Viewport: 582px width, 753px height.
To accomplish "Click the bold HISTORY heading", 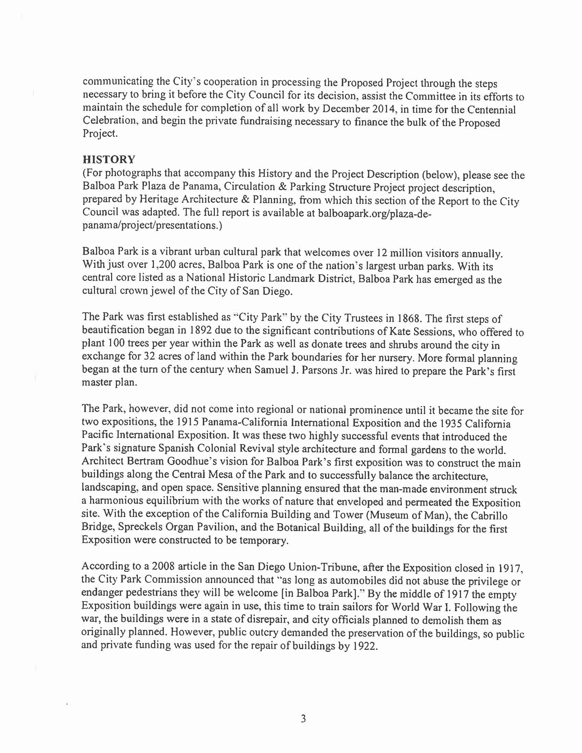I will pyautogui.click(x=109, y=160).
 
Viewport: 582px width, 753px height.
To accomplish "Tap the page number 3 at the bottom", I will pyautogui.click(x=303, y=719).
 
